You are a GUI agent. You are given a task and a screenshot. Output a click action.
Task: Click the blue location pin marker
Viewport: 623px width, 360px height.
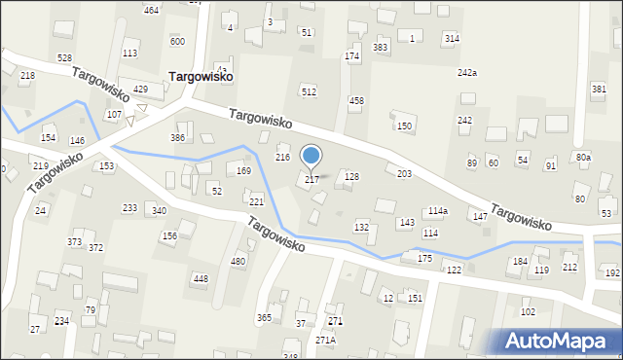pos(311,156)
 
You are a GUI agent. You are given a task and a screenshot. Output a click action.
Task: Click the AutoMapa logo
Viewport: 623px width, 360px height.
pos(555,341)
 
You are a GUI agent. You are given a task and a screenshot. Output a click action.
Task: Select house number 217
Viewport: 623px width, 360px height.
pos(311,180)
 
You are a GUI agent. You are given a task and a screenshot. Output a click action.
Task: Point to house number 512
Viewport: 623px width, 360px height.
pos(309,92)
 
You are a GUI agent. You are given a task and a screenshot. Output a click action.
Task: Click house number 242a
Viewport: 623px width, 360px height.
pos(467,73)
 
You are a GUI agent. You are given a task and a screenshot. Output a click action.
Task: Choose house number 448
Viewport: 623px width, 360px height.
pos(201,279)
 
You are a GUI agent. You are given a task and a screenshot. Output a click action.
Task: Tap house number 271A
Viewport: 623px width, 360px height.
pos(325,340)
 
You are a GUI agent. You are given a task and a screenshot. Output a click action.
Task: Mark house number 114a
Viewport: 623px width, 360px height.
pos(438,211)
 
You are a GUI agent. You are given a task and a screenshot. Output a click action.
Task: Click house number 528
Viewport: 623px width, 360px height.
pos(64,58)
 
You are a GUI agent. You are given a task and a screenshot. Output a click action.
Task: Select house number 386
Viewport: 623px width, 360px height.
pos(178,138)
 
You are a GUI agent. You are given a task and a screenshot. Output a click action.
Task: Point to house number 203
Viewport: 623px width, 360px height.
pos(404,173)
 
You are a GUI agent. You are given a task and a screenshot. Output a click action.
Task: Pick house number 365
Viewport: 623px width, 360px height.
pos(264,318)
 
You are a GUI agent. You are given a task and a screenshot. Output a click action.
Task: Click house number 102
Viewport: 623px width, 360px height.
pos(528,312)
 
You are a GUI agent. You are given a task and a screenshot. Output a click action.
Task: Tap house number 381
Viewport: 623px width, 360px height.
pos(598,90)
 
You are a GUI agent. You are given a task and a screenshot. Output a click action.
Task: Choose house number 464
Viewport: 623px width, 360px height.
pos(151,10)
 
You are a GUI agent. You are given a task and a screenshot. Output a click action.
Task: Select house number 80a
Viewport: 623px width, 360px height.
pos(582,157)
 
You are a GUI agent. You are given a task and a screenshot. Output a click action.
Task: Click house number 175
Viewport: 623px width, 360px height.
pos(424,258)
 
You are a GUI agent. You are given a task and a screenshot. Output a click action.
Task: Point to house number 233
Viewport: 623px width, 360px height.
pos(129,208)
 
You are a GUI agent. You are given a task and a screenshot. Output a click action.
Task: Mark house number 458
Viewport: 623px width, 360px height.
pos(356,101)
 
